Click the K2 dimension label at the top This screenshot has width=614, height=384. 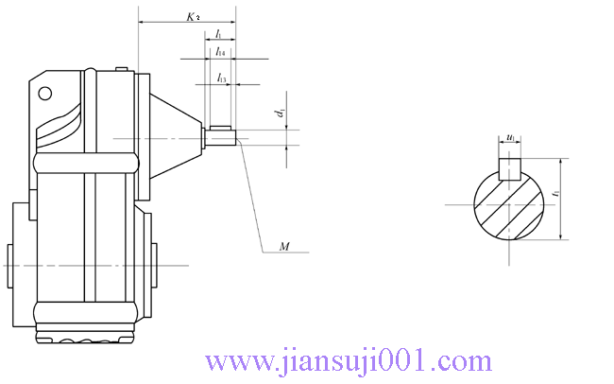193,17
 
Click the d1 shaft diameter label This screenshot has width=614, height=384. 281,114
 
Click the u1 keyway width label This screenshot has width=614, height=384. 510,139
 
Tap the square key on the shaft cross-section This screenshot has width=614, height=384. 510,168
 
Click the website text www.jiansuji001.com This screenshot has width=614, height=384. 349,361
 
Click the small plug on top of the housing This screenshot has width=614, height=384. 121,68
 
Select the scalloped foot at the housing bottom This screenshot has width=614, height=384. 85,336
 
